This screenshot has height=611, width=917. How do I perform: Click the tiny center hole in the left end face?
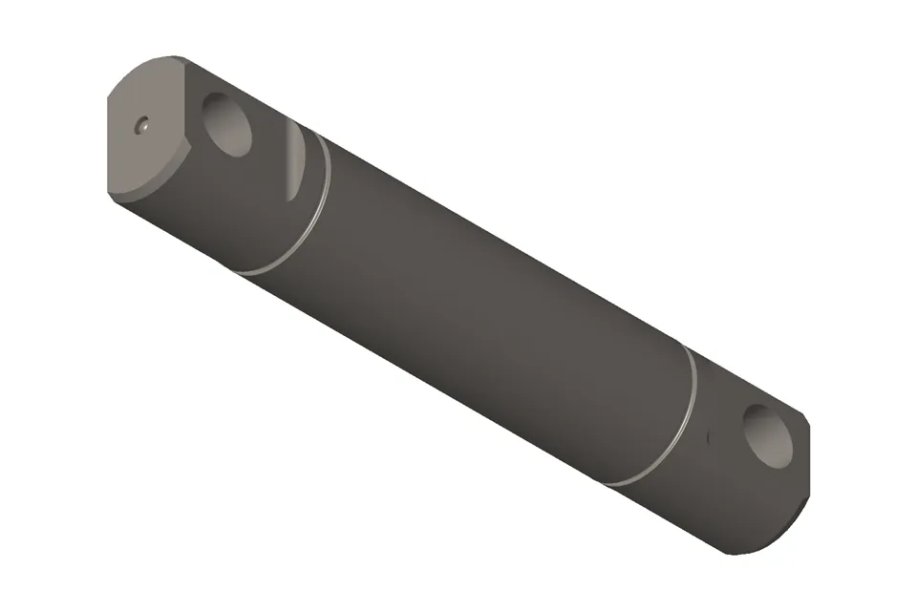coord(142,124)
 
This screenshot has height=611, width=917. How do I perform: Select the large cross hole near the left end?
coord(229,125)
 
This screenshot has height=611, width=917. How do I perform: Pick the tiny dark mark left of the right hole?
coord(708,437)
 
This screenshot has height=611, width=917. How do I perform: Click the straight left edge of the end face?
coord(109,143)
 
